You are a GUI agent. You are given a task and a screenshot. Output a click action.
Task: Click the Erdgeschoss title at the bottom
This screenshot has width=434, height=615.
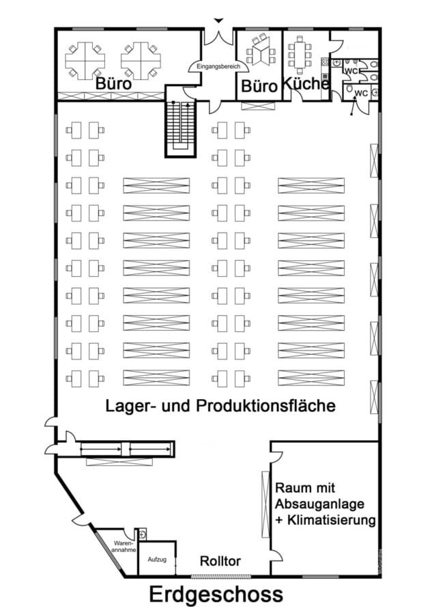pyautogui.click(x=216, y=594)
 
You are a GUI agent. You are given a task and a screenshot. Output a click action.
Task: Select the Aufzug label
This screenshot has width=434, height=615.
pyautogui.click(x=156, y=560)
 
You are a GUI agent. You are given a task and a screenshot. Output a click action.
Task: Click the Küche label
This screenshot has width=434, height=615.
pyautogui.click(x=306, y=83)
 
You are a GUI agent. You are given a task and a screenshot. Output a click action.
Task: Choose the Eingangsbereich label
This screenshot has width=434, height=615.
pyautogui.click(x=218, y=66)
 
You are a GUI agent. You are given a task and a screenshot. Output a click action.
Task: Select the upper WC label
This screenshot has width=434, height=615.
pyautogui.click(x=352, y=71)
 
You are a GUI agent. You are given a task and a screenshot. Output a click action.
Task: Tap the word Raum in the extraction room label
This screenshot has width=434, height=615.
pyautogui.click(x=292, y=489)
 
